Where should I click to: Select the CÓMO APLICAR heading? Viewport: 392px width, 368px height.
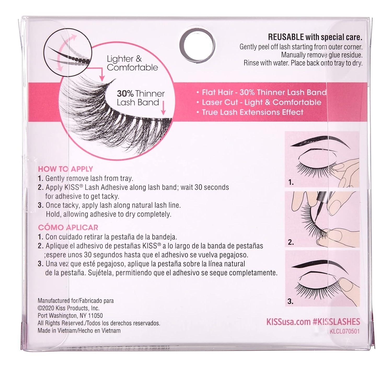[x=68, y=227]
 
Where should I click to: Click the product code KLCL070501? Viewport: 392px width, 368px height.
[x=344, y=331]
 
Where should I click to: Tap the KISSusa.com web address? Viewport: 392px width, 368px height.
[x=288, y=322]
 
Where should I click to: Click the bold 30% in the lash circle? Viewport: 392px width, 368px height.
[x=125, y=93]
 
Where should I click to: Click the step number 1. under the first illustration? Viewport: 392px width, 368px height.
[x=291, y=182]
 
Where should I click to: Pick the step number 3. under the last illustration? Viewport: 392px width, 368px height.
[x=290, y=302]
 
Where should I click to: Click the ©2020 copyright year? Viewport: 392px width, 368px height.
[x=46, y=308]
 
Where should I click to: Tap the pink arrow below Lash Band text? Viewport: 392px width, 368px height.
[x=163, y=108]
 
